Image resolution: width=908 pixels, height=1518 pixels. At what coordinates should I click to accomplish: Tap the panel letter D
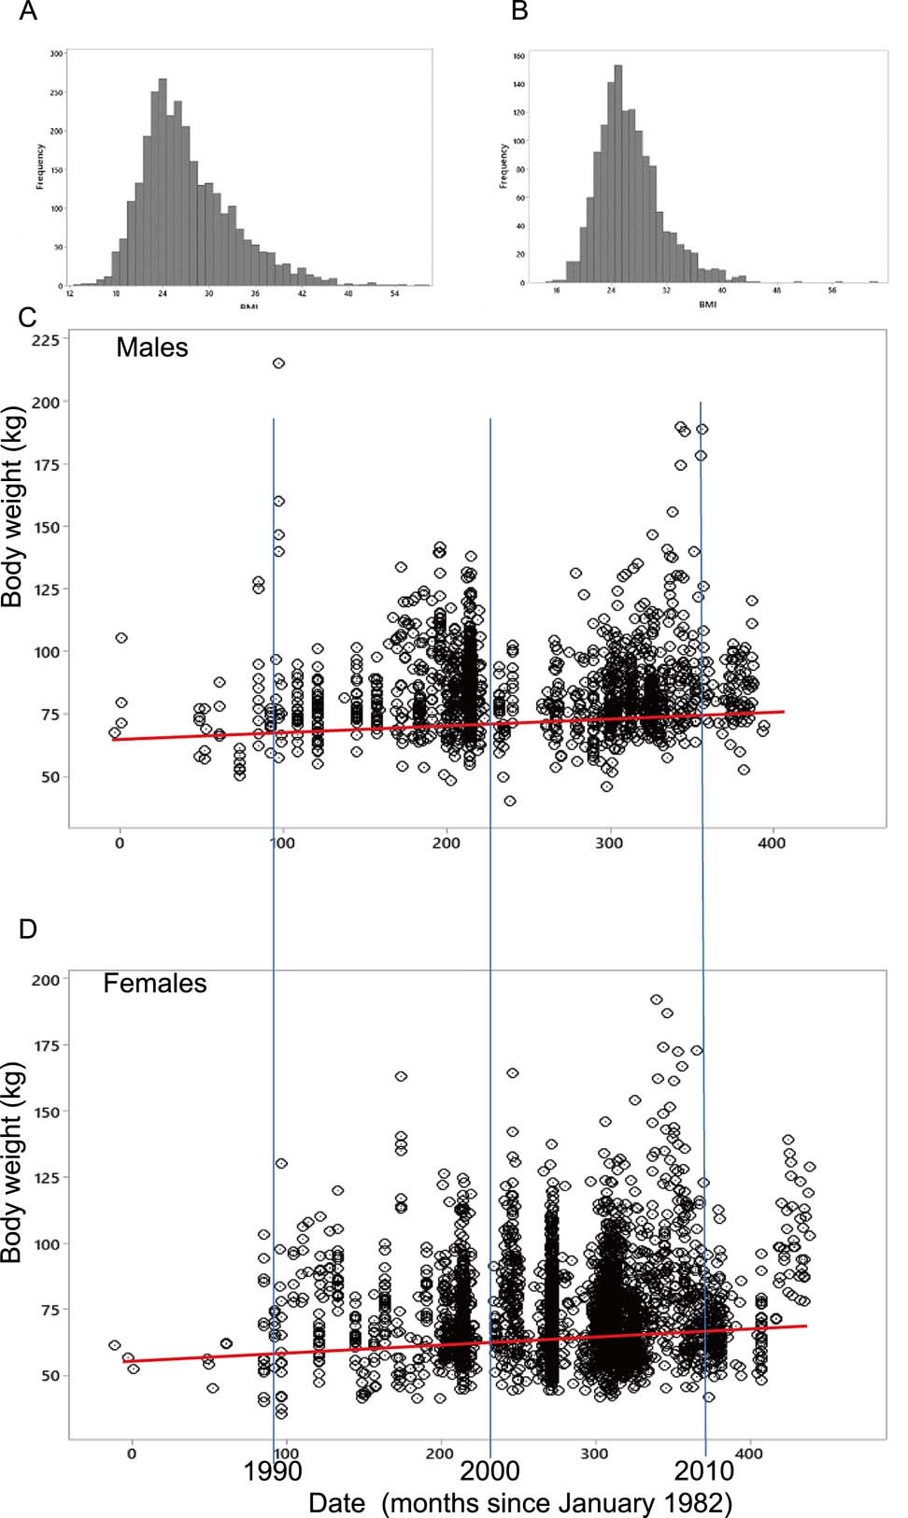click(x=27, y=929)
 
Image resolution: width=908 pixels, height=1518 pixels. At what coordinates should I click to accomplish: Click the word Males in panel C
click(x=151, y=348)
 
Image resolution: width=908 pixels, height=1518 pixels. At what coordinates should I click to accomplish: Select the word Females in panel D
click(x=154, y=984)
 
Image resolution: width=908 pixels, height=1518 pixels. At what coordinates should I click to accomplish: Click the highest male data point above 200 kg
click(x=278, y=363)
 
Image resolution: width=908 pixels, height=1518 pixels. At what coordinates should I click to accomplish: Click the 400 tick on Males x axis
click(x=772, y=844)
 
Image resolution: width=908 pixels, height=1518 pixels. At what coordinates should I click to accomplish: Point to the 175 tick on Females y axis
click(x=45, y=1045)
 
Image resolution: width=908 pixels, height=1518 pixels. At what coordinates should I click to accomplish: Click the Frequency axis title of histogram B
click(x=504, y=166)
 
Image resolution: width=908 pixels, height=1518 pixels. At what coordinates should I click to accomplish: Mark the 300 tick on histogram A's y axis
click(x=57, y=54)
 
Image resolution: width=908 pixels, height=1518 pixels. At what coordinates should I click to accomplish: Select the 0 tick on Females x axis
click(x=132, y=1454)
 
